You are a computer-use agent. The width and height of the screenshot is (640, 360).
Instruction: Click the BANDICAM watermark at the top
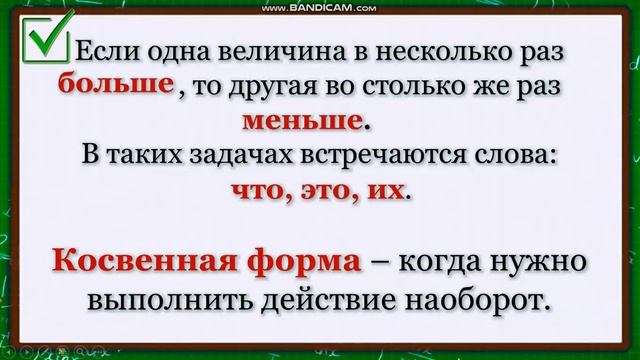pyautogui.click(x=320, y=8)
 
